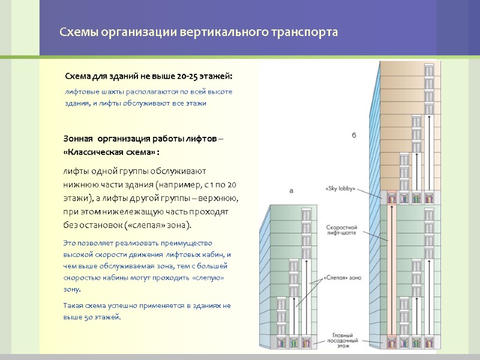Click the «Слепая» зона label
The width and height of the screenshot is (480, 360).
342,278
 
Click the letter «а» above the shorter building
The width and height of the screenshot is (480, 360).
291,191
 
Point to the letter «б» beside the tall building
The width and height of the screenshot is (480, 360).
354,136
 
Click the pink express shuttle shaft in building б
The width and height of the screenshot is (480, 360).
391,270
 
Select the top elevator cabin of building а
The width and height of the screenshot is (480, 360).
307,214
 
